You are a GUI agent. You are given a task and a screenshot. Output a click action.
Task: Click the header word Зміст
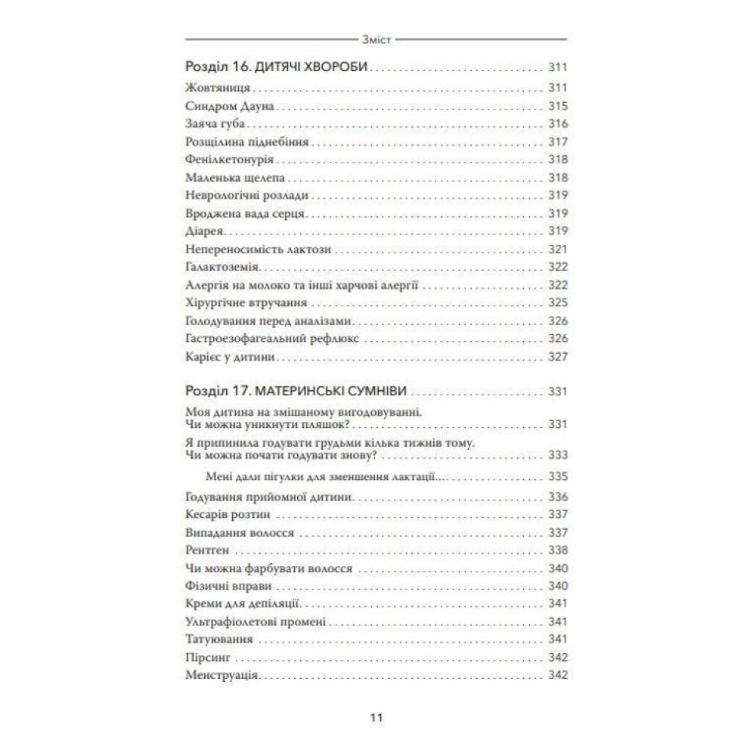click(377, 39)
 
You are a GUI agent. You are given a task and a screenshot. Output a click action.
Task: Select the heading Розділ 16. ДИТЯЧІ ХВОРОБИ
click(276, 67)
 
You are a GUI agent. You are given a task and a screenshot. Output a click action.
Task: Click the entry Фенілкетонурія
click(228, 160)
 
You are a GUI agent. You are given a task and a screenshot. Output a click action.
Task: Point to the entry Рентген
click(206, 550)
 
